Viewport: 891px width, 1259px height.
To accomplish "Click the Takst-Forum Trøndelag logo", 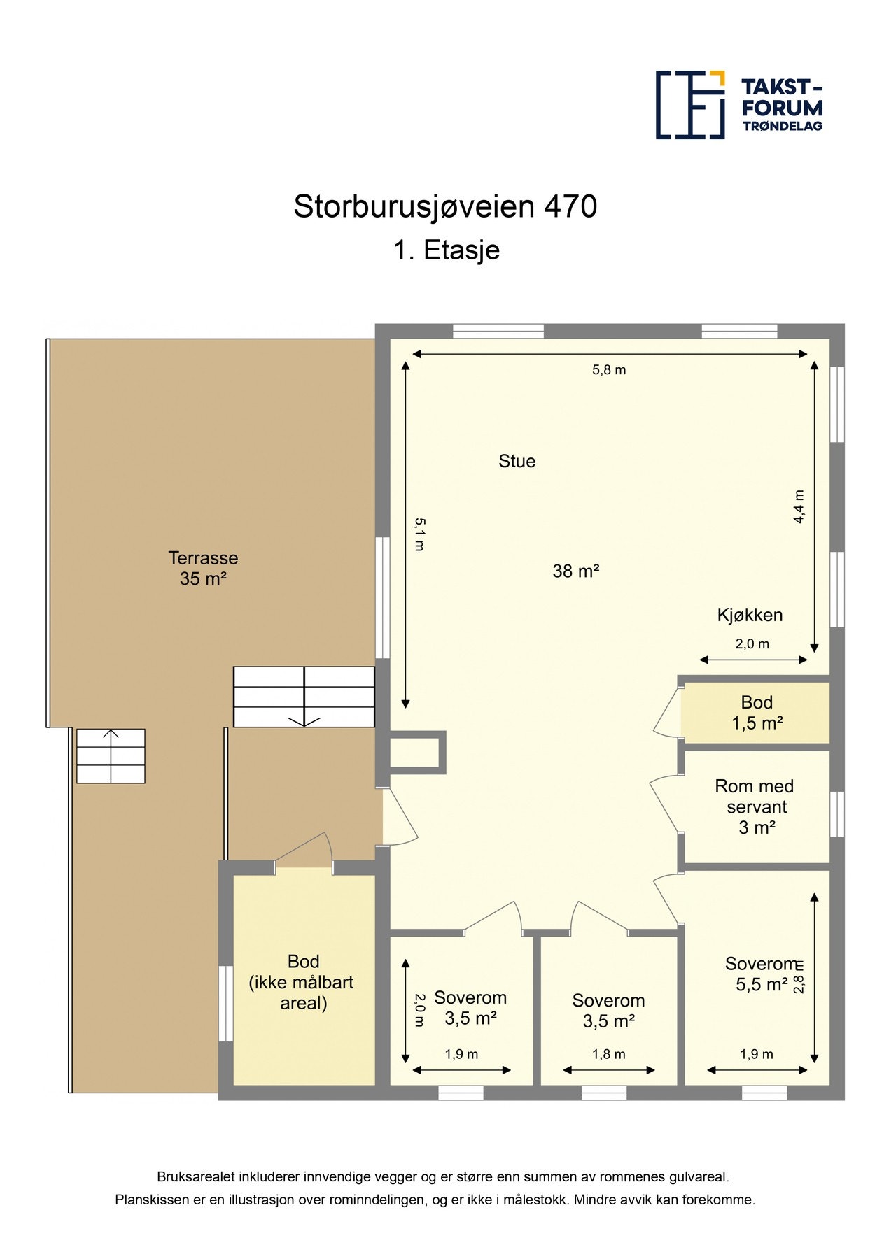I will coord(738,105).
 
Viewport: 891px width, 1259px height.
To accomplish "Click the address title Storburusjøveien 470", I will coord(445,206).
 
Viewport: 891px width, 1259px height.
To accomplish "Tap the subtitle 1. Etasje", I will coord(446,250).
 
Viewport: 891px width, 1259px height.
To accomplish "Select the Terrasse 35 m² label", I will coord(203,568).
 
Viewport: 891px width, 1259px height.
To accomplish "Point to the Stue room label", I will coord(517,461).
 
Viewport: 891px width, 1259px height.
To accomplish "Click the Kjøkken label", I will coord(750,615).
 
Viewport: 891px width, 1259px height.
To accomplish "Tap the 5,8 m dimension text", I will coord(609,370).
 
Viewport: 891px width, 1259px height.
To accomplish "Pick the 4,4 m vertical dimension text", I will coord(799,507).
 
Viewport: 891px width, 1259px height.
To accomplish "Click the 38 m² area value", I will coord(575,571).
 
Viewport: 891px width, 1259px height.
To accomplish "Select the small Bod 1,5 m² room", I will coord(757,713).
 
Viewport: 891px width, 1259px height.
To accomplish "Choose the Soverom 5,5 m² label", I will coord(761,974).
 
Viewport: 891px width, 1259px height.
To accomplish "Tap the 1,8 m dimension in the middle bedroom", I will coord(609,1054).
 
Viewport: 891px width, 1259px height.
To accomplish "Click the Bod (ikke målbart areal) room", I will coord(303,982).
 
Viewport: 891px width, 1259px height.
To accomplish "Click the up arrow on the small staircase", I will coord(111,735).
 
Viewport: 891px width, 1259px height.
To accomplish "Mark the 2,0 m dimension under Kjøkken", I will coord(752,644).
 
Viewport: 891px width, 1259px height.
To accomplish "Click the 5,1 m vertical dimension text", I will coord(419,534).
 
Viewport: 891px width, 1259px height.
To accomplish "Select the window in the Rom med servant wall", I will coord(837,813).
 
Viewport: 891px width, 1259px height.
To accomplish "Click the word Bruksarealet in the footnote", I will coord(195,1177).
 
